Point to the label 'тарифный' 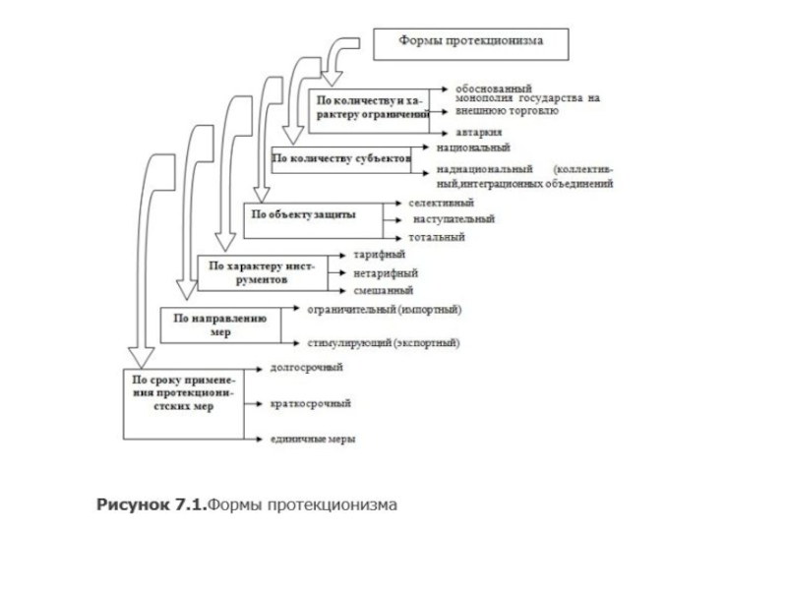click(x=374, y=255)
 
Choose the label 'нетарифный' click(x=379, y=272)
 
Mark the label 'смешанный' click(x=377, y=290)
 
